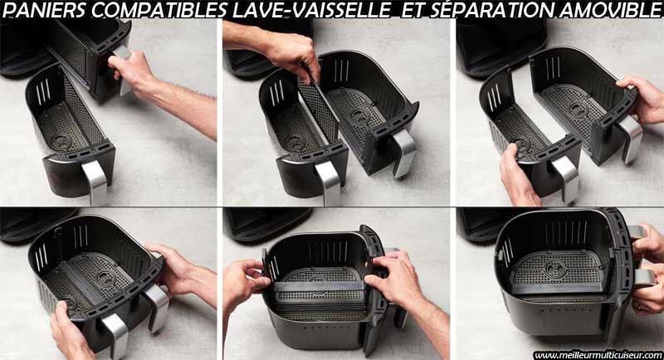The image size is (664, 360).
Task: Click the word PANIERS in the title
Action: click(x=45, y=11)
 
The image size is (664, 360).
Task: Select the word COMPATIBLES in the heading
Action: click(x=159, y=11)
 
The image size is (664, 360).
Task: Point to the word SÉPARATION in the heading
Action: click(x=491, y=11)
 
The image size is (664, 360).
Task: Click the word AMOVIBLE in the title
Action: click(x=610, y=11)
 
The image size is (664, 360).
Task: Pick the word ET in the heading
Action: click(x=413, y=11)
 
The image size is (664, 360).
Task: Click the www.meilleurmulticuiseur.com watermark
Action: click(x=598, y=355)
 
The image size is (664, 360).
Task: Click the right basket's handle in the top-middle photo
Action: click(x=404, y=153)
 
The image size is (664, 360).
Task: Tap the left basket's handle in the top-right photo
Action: click(x=565, y=178)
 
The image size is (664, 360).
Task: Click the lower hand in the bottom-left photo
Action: click(x=70, y=332)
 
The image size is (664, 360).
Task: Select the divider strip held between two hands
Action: click(x=319, y=286)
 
